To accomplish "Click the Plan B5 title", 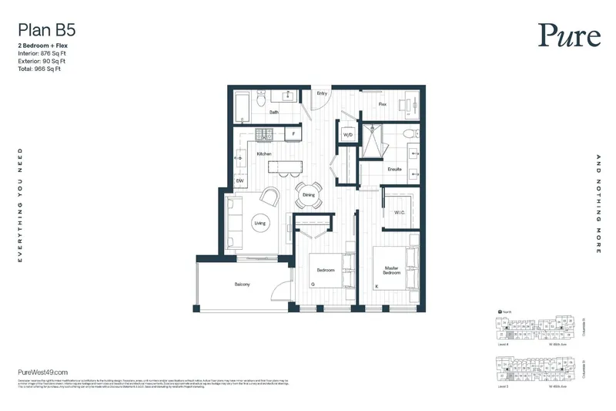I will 46,31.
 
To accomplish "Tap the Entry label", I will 322,94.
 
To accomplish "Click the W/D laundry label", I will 347,135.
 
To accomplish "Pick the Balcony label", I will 242,285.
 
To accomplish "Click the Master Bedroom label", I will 397,271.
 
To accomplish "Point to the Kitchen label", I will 264,154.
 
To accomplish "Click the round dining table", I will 309,194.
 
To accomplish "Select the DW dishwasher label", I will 239,180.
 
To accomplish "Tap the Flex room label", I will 382,104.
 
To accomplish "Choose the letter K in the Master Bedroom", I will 377,286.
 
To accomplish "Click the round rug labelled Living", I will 259,224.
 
